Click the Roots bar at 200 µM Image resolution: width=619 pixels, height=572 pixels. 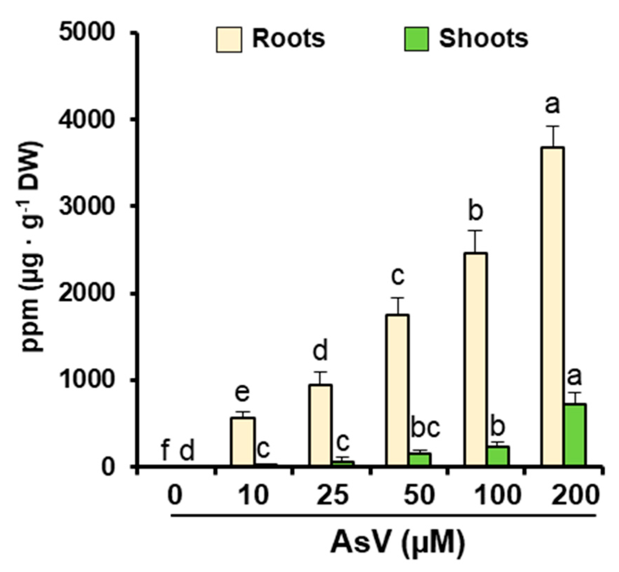pyautogui.click(x=552, y=307)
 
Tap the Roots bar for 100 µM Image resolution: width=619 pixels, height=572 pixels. pyautogui.click(x=475, y=359)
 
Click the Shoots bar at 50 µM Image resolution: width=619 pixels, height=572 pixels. pyautogui.click(x=420, y=459)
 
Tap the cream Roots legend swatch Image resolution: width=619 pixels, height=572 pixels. pyautogui.click(x=229, y=39)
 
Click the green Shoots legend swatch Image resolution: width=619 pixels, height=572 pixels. pyautogui.click(x=416, y=39)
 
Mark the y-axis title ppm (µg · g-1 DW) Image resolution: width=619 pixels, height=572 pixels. pyautogui.click(x=32, y=247)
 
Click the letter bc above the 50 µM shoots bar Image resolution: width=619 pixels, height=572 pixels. pyautogui.click(x=426, y=428)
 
